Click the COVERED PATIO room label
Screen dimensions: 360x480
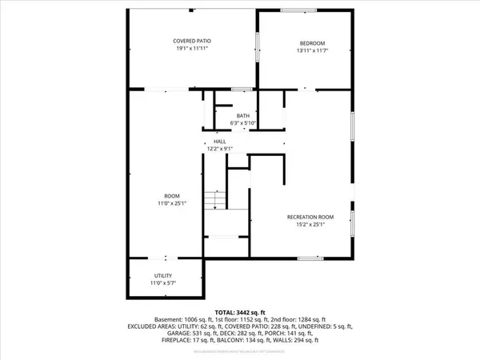(x=192, y=41)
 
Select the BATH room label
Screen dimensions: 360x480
(x=242, y=115)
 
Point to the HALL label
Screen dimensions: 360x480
(x=219, y=141)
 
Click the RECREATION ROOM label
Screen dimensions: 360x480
(x=309, y=216)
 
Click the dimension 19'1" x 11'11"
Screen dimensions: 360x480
(x=192, y=49)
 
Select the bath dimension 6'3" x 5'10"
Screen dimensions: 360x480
(x=242, y=123)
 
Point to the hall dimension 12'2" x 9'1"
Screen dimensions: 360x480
(x=219, y=149)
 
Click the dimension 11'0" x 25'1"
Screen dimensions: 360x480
(x=172, y=204)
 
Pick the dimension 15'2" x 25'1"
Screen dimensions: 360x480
(x=309, y=224)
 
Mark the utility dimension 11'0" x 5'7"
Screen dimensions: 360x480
(x=163, y=282)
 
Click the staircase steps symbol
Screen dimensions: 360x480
(x=214, y=200)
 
